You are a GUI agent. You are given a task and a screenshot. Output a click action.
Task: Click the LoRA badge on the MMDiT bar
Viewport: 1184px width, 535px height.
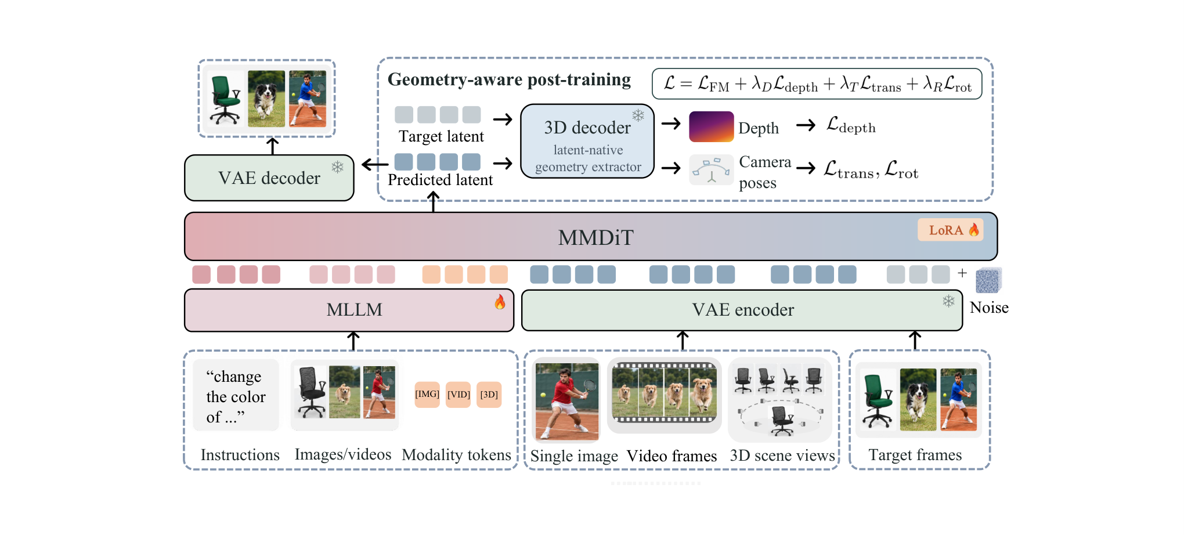pos(950,230)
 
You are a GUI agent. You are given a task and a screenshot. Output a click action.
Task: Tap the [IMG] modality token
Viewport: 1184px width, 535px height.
pos(427,395)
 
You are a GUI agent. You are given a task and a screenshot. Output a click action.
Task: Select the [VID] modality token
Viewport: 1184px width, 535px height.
pos(459,395)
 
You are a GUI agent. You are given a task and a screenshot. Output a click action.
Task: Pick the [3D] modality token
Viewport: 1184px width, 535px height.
pos(489,395)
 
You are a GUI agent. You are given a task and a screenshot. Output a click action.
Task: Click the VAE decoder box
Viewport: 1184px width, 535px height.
pos(269,178)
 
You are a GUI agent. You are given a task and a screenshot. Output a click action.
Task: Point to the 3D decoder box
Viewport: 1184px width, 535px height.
pos(587,141)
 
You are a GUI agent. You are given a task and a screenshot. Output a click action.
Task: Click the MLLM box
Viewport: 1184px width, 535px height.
pos(349,310)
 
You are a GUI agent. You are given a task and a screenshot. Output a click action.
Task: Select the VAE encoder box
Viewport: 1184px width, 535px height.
pos(742,310)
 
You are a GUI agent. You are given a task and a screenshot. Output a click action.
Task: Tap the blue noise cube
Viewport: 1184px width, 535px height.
pos(988,280)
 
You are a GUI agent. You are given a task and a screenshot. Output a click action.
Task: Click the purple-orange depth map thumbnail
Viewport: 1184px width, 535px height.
pos(712,126)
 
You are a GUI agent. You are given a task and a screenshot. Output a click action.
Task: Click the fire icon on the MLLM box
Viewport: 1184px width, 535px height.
pos(500,302)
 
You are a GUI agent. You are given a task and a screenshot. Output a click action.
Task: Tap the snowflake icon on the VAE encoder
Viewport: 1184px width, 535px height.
pos(948,301)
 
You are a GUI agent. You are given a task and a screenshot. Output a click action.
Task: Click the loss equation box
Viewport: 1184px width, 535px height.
pos(817,84)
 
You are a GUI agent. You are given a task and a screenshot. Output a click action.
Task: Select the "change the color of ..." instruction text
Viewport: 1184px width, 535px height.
pos(236,396)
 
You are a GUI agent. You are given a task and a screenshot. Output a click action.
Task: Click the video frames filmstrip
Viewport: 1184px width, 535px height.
pos(665,393)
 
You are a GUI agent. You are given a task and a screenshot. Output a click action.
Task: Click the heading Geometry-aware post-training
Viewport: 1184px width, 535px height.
pos(509,79)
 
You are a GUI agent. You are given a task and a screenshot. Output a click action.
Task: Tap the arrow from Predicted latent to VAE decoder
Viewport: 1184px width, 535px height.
pos(375,165)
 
